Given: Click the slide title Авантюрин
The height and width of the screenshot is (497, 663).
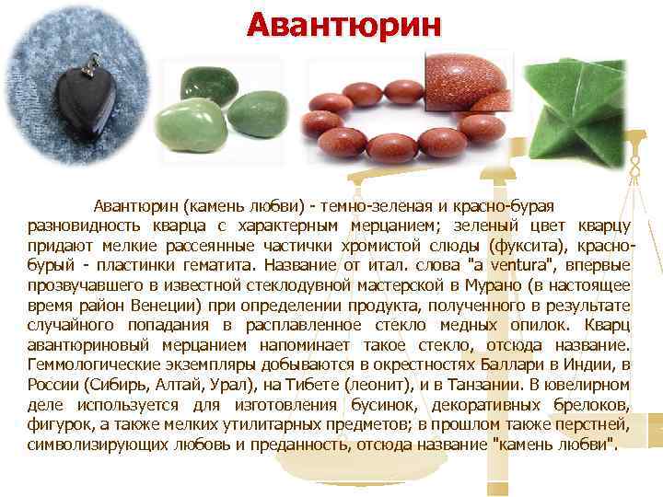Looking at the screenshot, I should (343, 24).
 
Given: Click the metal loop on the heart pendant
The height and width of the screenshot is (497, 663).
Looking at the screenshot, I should (91, 63).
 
